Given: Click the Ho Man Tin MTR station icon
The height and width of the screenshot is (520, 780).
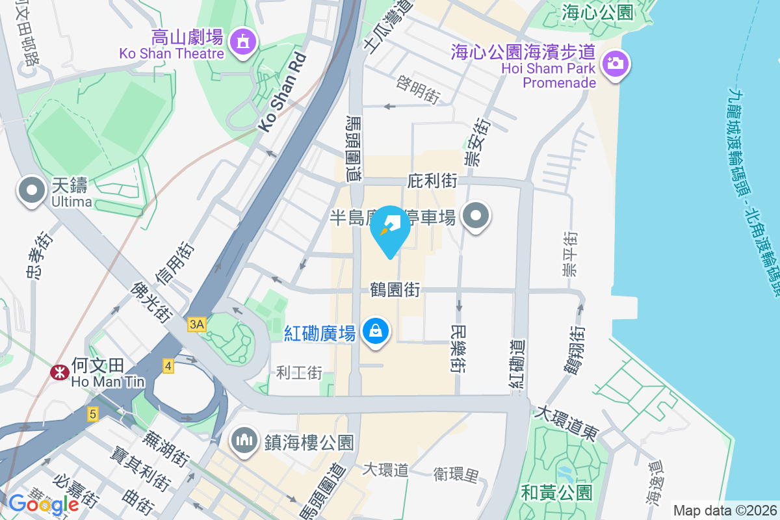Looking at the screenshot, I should (x=58, y=372).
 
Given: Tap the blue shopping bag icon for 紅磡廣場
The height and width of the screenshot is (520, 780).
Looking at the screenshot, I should (x=376, y=331).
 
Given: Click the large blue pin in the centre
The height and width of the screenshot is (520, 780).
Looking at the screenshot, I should (x=390, y=227).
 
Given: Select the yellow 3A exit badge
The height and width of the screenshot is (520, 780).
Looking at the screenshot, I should (x=197, y=324).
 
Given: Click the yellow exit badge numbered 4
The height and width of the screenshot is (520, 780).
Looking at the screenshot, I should (x=169, y=367).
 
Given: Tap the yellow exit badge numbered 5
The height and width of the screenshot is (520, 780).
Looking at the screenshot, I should (x=93, y=413).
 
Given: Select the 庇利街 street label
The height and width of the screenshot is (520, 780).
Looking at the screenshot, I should (x=433, y=180).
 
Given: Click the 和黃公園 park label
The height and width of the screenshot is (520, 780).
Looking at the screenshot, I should (x=557, y=493).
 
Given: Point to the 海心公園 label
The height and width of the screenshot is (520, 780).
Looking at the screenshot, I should (x=597, y=12).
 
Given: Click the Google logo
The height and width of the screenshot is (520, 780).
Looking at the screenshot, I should (x=44, y=504).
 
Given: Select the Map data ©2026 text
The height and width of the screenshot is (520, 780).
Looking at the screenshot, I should (x=724, y=510).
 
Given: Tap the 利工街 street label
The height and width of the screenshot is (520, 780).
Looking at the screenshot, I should (x=299, y=372).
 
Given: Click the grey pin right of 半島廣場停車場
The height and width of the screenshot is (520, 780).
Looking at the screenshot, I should (x=476, y=216).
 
